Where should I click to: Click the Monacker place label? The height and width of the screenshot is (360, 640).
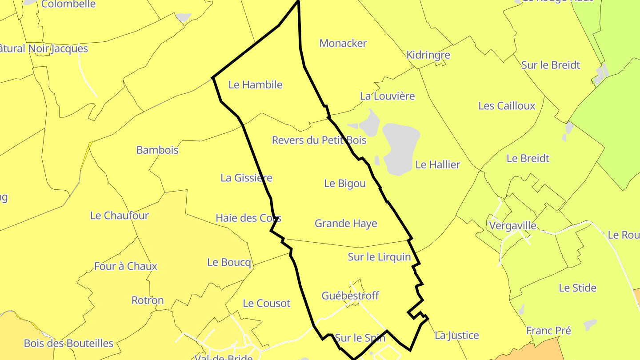(343, 44)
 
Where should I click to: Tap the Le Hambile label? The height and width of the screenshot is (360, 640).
(255, 85)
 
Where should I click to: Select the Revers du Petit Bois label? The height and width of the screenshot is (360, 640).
(319, 140)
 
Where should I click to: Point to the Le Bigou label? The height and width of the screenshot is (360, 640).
(345, 184)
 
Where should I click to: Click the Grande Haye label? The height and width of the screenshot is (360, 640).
(346, 224)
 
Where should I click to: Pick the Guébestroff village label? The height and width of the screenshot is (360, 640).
(350, 296)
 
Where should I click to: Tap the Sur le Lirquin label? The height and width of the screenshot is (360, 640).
(379, 257)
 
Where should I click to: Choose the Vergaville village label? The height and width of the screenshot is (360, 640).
(512, 226)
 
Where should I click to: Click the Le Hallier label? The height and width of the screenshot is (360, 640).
(438, 165)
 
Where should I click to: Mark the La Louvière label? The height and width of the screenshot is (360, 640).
(387, 96)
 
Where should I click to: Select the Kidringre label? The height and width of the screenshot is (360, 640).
(428, 55)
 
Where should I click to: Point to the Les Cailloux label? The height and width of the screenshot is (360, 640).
(507, 106)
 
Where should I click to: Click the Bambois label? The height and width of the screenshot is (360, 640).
(157, 150)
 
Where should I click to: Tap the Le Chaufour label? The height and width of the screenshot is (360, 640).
(119, 216)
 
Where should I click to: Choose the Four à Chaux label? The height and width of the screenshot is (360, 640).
(126, 267)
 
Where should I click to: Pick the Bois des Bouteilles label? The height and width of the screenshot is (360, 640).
(68, 344)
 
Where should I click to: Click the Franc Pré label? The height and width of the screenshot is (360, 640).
(548, 331)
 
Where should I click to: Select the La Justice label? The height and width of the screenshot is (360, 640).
(457, 336)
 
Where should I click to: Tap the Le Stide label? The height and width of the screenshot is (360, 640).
(577, 288)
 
